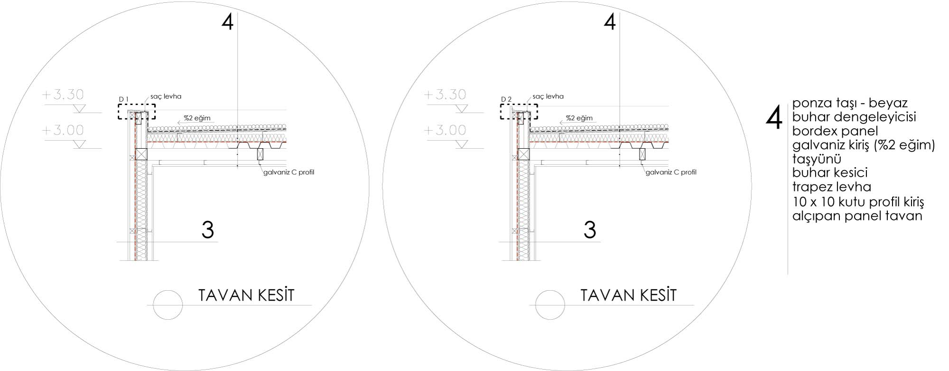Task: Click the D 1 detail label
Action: [x=124, y=99]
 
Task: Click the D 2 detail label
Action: [x=506, y=99]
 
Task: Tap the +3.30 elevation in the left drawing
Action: [x=63, y=95]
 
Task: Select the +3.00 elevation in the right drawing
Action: [x=445, y=130]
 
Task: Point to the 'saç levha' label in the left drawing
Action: [x=166, y=96]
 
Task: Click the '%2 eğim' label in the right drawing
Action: [x=579, y=118]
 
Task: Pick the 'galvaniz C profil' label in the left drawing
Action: [x=289, y=172]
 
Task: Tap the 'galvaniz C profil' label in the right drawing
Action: [x=671, y=172]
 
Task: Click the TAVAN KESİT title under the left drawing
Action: [x=246, y=295]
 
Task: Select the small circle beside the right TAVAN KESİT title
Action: [x=550, y=304]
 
